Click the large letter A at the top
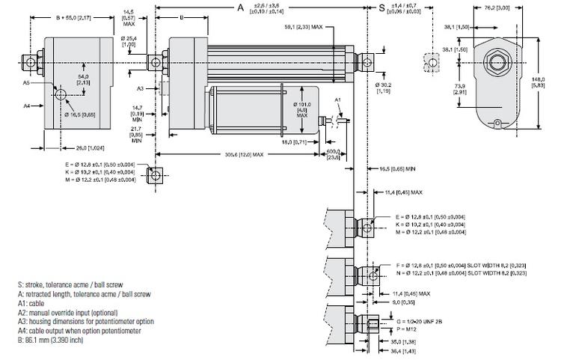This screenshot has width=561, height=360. click(x=241, y=7)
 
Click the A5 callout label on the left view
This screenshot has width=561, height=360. click(x=26, y=84)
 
